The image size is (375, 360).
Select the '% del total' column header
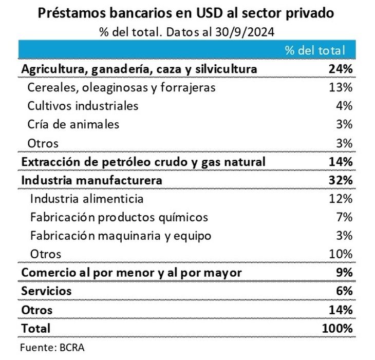314,50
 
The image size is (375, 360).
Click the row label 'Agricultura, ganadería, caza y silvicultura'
139,69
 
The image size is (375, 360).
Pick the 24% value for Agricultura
341,69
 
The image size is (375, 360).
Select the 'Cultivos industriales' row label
83,106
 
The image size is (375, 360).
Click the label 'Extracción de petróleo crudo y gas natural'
143,162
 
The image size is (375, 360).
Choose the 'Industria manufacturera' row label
91,180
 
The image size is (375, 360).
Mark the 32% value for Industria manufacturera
341,180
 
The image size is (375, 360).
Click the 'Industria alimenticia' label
87,199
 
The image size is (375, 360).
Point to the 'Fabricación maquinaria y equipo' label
121,236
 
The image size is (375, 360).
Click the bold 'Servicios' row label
46,291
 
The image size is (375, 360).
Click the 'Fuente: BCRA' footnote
52,347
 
